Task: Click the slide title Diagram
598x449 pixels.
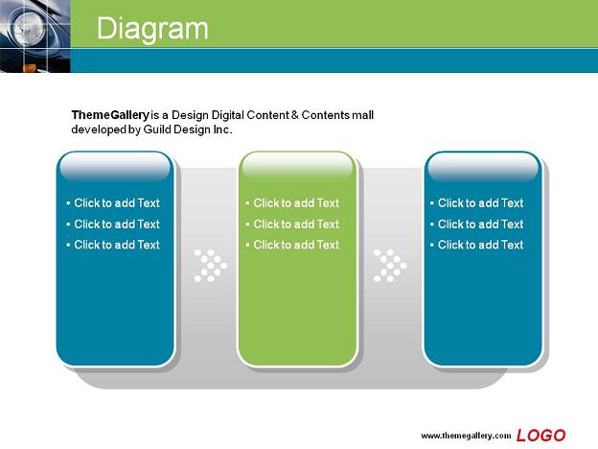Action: click(152, 29)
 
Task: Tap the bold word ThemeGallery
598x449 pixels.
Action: click(110, 115)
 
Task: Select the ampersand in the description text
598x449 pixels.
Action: click(295, 114)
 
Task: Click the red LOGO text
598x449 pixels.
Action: click(540, 436)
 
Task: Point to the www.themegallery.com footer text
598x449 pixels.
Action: click(466, 436)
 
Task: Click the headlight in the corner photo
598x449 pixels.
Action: click(30, 28)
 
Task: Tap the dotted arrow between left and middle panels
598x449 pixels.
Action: click(211, 266)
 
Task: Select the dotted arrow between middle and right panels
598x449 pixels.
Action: click(390, 266)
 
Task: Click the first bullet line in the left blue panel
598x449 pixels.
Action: click(113, 202)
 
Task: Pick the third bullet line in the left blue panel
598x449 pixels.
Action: click(113, 245)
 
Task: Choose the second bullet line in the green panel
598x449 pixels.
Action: click(292, 224)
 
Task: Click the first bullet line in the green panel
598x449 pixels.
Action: click(292, 202)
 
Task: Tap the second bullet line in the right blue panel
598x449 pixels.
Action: click(477, 224)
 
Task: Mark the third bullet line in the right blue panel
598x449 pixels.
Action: click(477, 245)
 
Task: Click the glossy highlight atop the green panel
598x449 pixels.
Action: click(297, 167)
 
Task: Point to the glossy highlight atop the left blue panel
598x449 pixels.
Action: click(115, 167)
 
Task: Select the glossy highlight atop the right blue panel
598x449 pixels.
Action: click(483, 167)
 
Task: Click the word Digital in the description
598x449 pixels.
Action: click(228, 115)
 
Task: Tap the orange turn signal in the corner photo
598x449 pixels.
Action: click(30, 68)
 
